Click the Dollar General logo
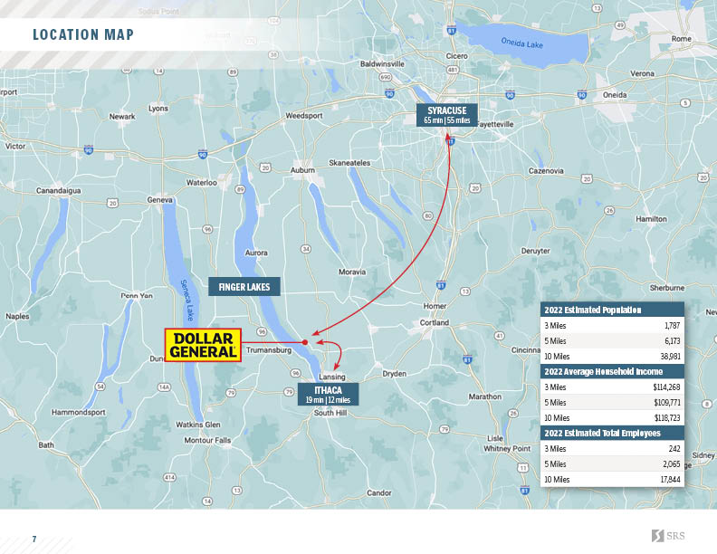(203, 345)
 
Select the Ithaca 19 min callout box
(327, 394)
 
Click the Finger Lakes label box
(244, 287)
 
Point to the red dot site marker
(305, 343)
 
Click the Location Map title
(83, 35)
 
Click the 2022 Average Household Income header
(603, 371)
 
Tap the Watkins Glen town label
(197, 424)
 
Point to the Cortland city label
(434, 322)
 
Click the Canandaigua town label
(59, 191)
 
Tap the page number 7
(34, 540)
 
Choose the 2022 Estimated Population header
(593, 310)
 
